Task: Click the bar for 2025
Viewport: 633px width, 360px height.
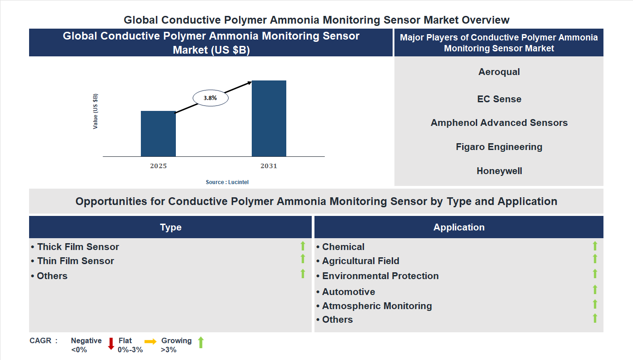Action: [158, 134]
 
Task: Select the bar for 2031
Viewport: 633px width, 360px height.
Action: [269, 119]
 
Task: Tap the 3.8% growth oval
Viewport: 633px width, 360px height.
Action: [210, 98]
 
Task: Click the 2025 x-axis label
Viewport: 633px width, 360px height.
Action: [158, 166]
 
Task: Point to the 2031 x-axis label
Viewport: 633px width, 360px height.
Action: [269, 166]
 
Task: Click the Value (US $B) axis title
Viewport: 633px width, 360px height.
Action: [95, 111]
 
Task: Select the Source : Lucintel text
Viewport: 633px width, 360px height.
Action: [227, 182]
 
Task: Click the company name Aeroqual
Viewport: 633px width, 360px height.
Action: [499, 72]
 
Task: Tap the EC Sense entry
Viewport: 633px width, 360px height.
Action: [499, 99]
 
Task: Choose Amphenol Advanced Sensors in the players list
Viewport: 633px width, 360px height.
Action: [499, 123]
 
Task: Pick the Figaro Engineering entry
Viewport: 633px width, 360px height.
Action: [499, 147]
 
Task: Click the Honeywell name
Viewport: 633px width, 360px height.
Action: [499, 171]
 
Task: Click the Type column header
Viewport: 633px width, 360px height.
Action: [170, 227]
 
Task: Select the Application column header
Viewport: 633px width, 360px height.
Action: [459, 227]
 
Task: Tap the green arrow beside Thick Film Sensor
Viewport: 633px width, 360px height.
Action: [303, 246]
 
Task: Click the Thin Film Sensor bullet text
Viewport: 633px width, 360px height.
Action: [75, 261]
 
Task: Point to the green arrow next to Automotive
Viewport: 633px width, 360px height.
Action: [595, 290]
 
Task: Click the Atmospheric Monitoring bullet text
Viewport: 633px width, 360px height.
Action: [376, 306]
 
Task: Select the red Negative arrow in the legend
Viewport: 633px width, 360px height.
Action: [111, 344]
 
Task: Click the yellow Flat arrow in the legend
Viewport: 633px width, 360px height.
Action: [150, 341]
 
